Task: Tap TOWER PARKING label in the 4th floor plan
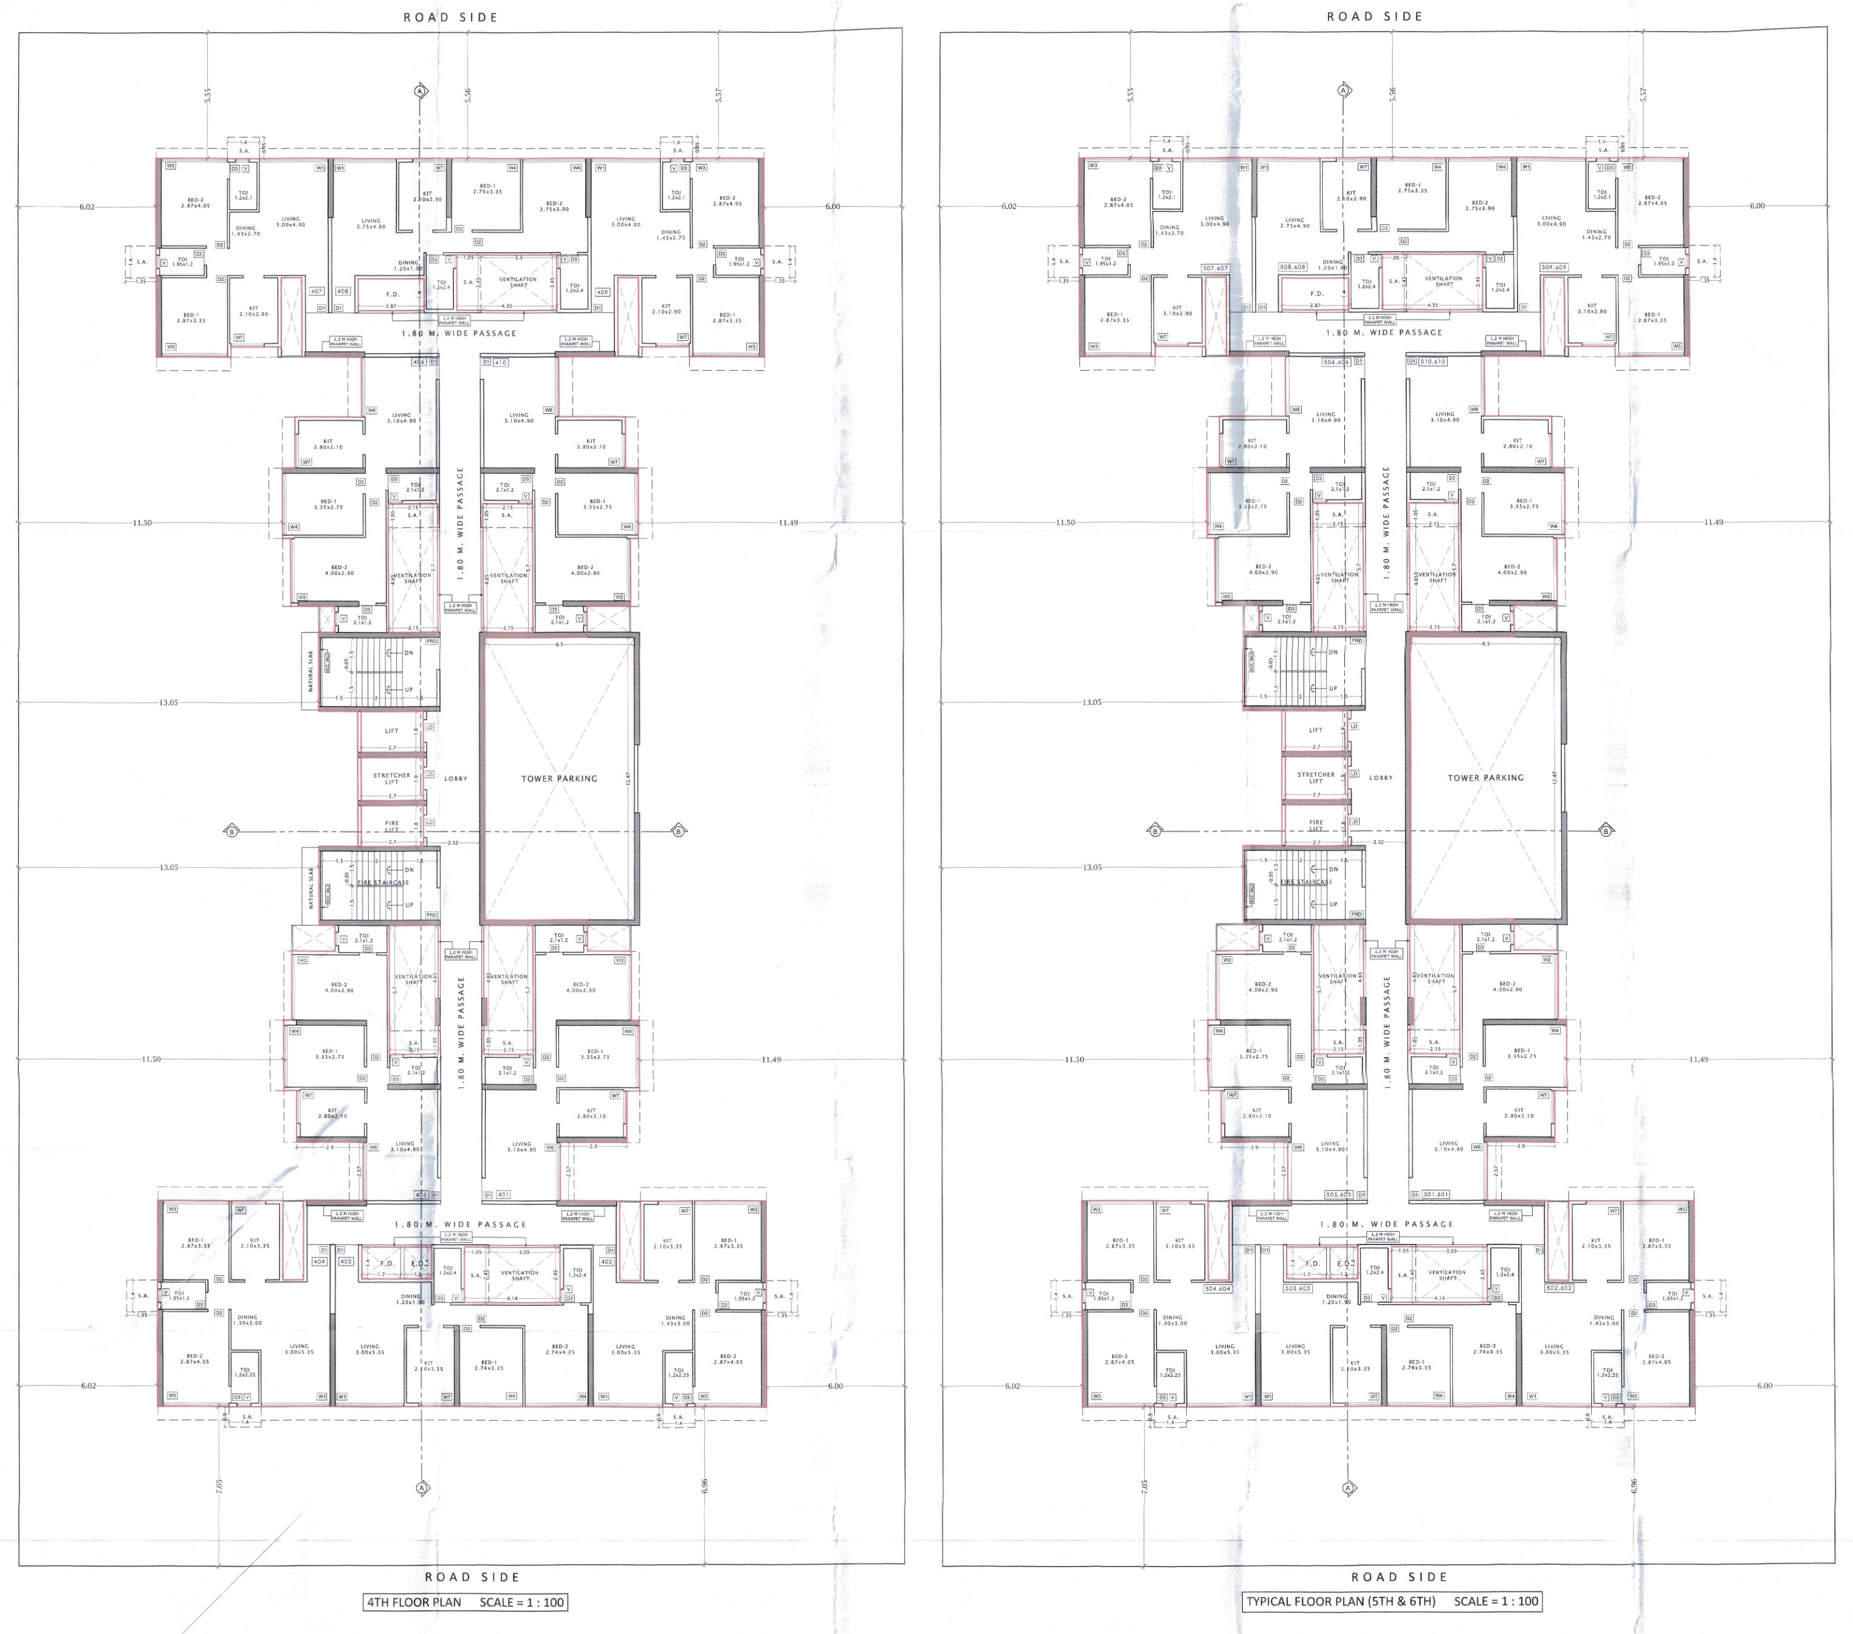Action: point(559,778)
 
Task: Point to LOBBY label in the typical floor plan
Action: point(1381,778)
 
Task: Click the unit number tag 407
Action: point(317,291)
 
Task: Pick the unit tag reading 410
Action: point(500,362)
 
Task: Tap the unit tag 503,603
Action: point(1298,1288)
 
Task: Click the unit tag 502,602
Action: point(1559,1288)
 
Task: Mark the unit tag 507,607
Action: point(1215,268)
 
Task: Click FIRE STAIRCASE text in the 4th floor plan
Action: point(382,882)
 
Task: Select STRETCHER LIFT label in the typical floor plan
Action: point(1315,778)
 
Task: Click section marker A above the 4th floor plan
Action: point(420,91)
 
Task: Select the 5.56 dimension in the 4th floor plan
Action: point(468,94)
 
